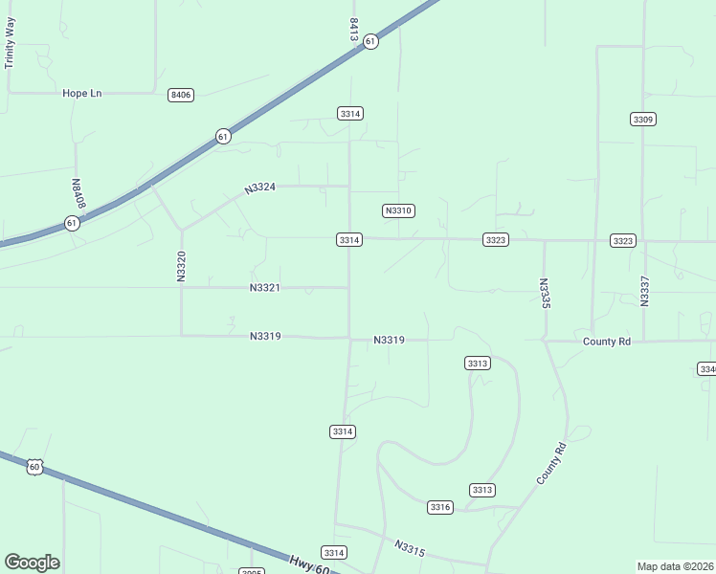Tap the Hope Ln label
click(81, 93)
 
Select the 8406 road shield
click(180, 95)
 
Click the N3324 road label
click(259, 188)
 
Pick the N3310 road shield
click(397, 210)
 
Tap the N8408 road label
click(78, 194)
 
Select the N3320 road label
click(181, 266)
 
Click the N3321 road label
click(264, 288)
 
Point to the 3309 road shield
click(643, 119)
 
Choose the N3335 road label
click(544, 293)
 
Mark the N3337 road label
click(644, 291)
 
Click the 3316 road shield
click(440, 507)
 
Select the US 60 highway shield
click(34, 467)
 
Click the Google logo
click(32, 563)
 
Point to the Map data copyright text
click(676, 566)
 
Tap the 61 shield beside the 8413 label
click(370, 41)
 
